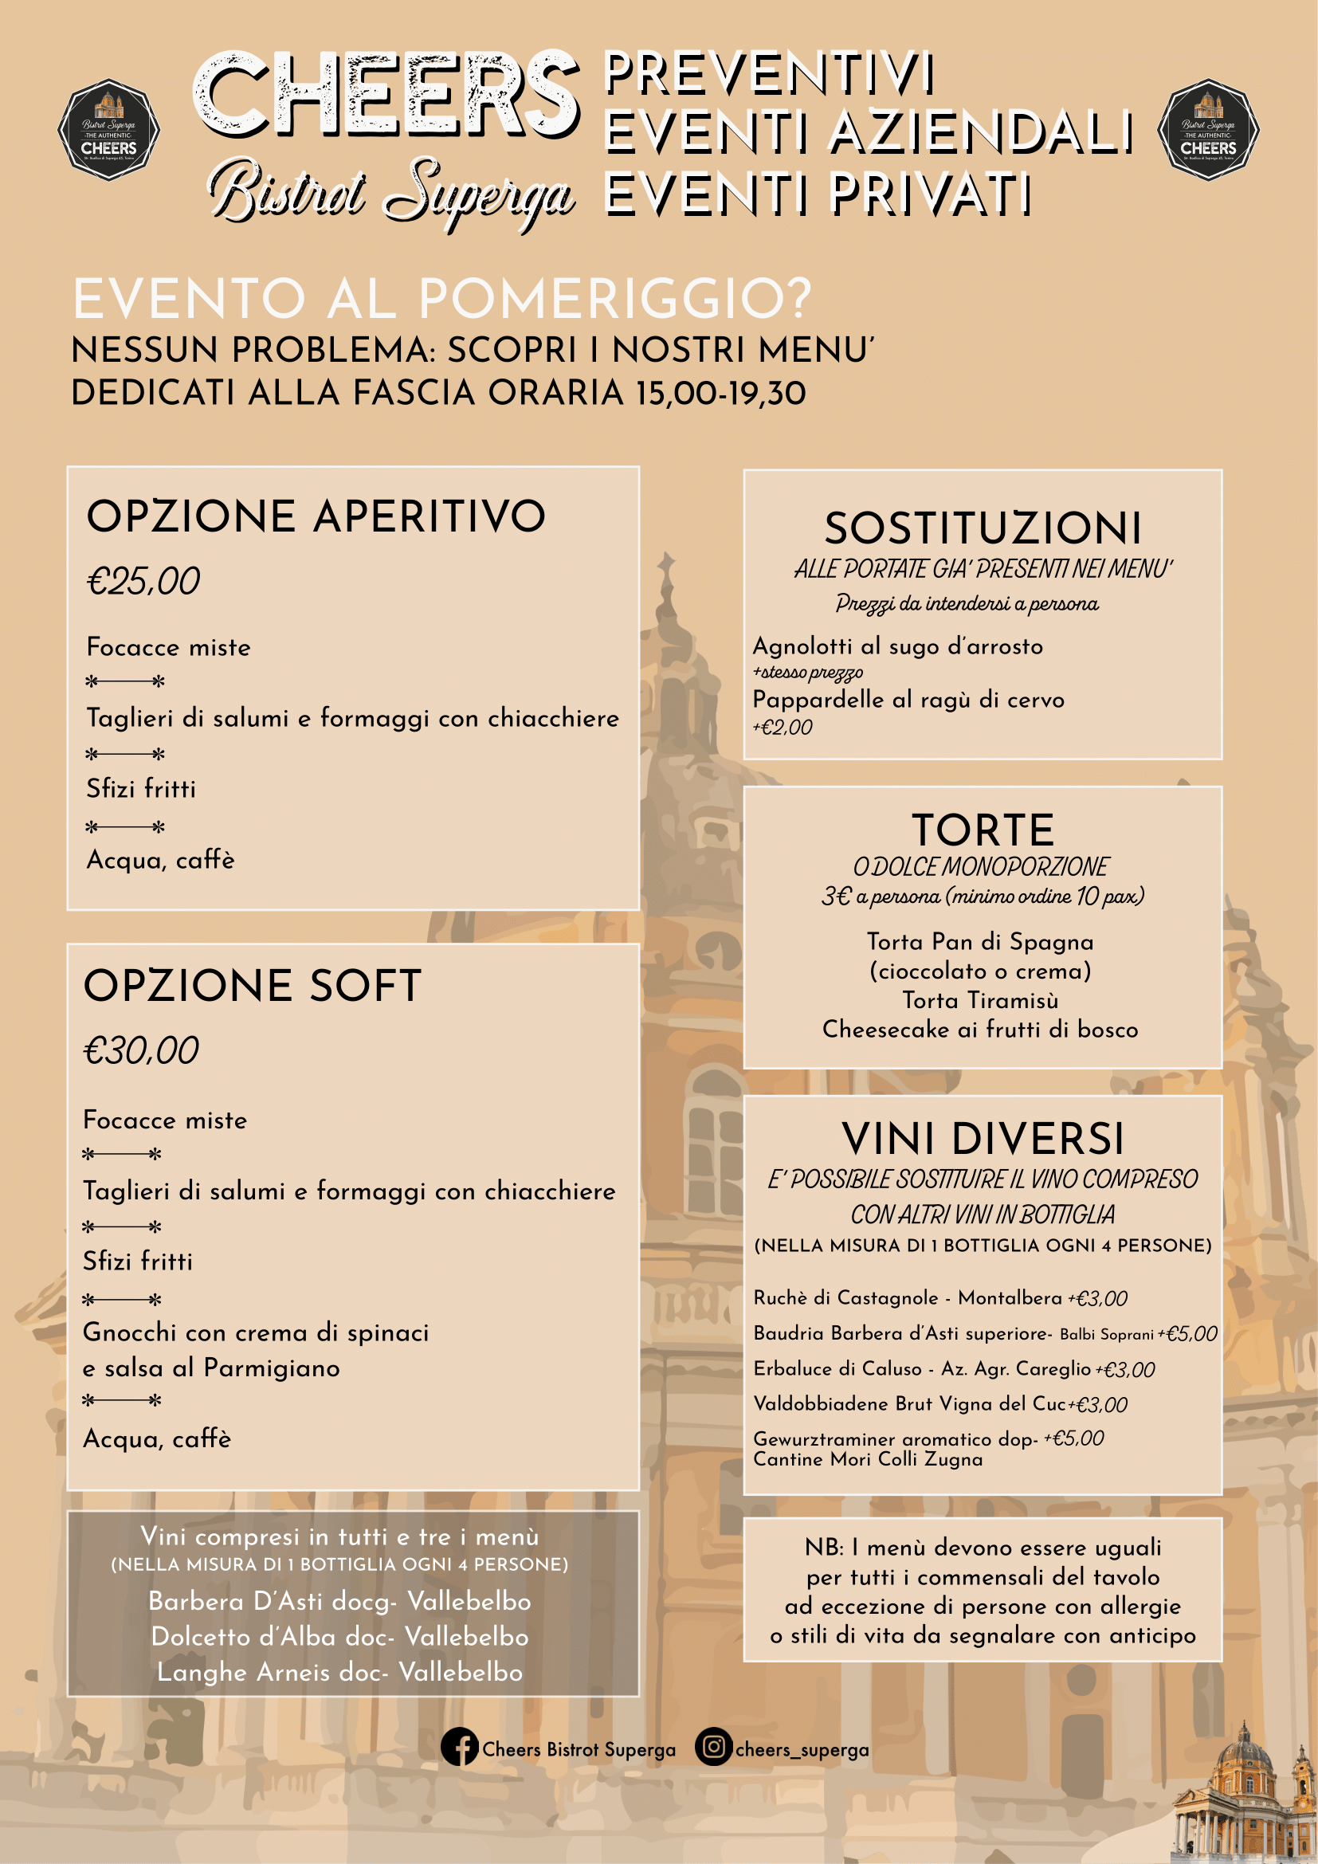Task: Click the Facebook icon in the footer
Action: (459, 1746)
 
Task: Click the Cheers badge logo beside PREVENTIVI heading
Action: (1207, 130)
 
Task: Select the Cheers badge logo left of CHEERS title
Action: (108, 130)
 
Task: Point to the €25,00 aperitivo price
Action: (143, 581)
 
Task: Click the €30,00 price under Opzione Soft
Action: (141, 1050)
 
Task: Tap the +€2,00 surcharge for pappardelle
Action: (783, 728)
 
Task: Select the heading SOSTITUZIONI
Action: (983, 528)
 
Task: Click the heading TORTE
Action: (983, 830)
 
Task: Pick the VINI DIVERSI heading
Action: (983, 1138)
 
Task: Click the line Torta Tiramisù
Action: (980, 1000)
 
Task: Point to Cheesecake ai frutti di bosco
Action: (980, 1030)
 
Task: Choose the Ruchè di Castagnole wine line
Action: (908, 1298)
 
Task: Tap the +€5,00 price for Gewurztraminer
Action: (1073, 1438)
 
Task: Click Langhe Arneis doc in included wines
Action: (339, 1673)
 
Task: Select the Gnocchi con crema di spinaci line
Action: (256, 1332)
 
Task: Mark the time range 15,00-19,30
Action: (721, 394)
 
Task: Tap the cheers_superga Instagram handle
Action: (801, 1749)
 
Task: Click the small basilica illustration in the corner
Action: (1244, 1807)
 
